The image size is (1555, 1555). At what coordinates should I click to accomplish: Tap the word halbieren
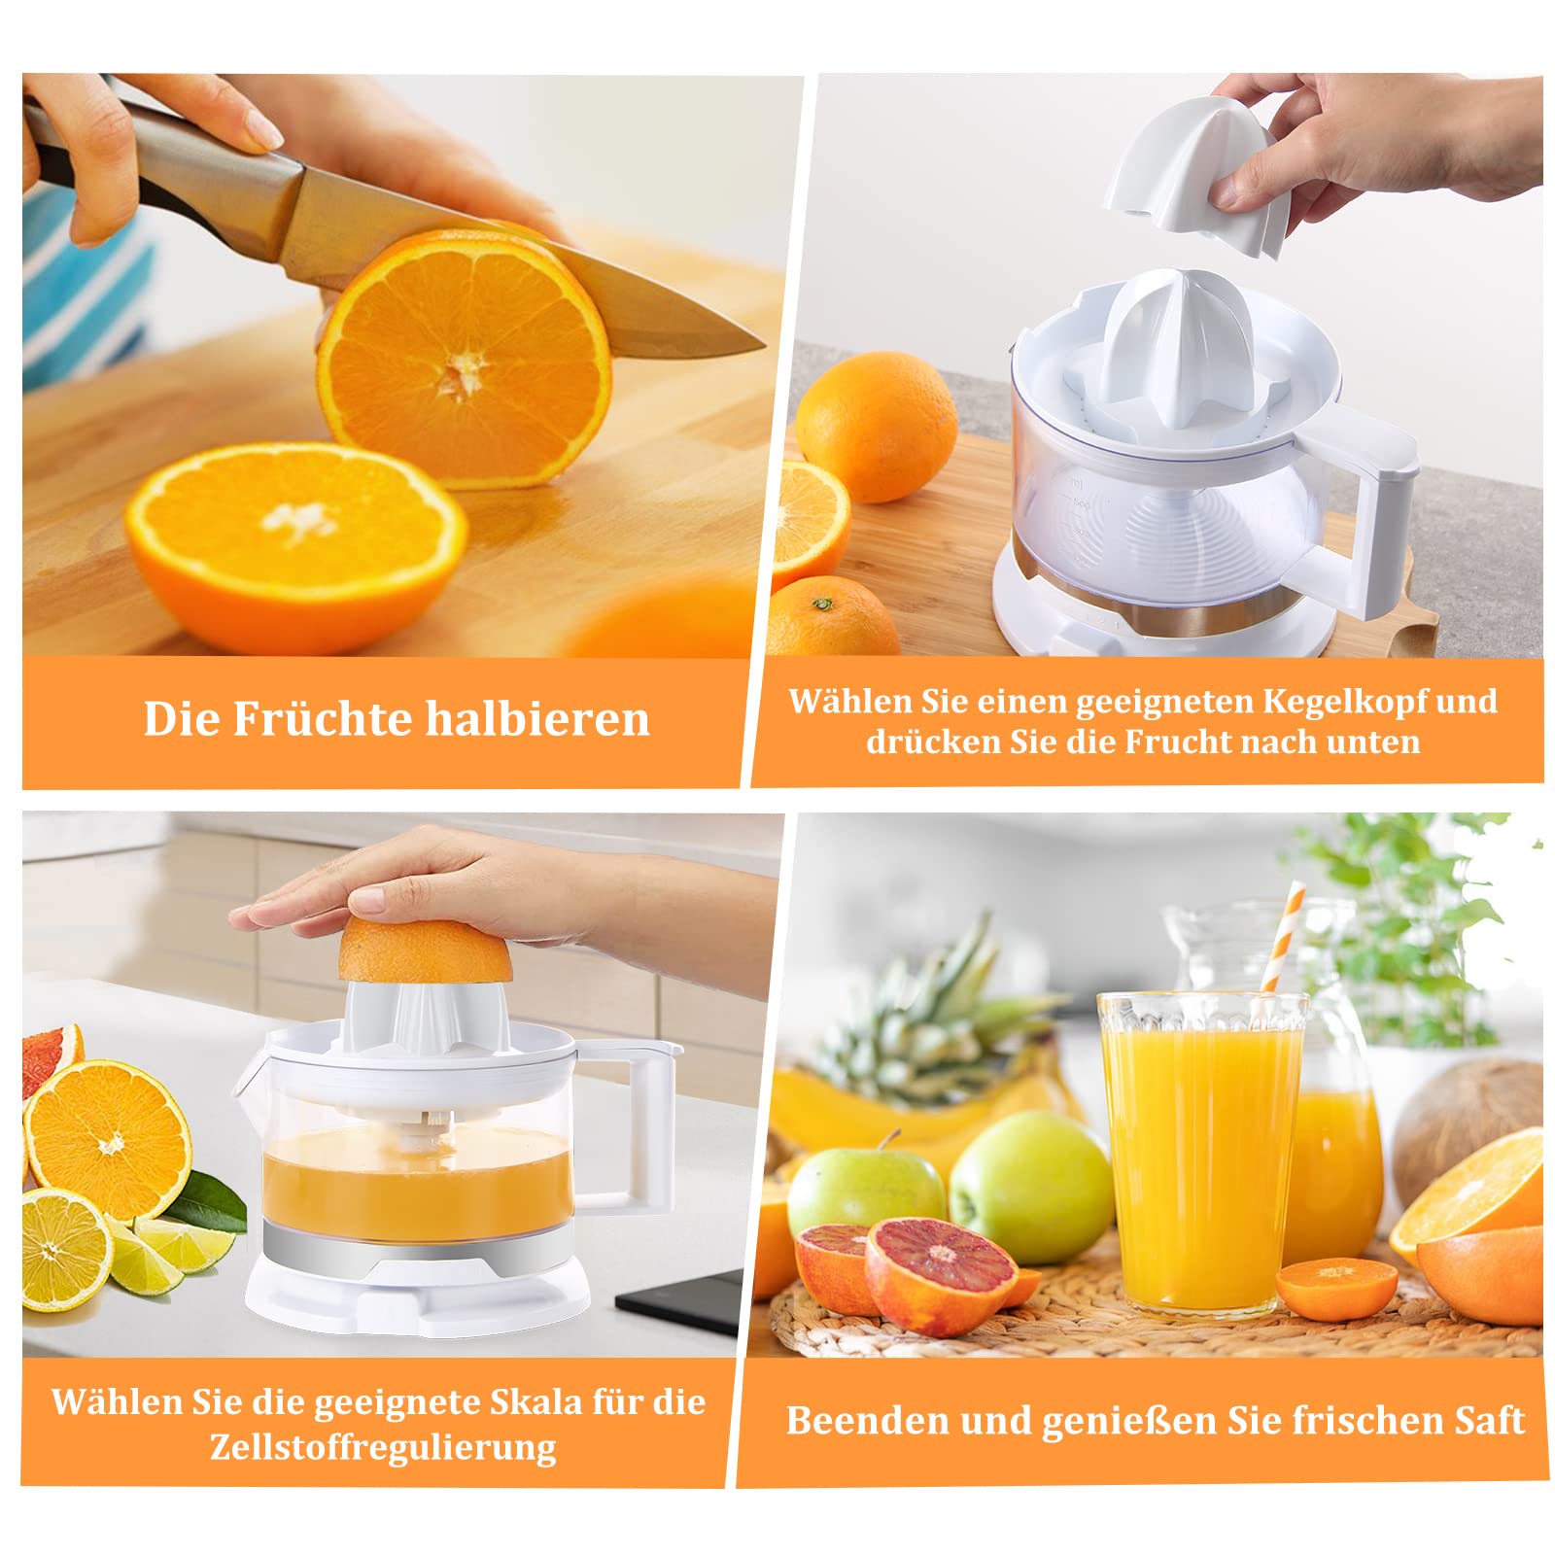pos(537,720)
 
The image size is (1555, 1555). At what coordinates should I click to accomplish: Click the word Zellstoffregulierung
pos(383,1446)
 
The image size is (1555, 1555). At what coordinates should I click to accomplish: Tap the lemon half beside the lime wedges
pos(66,1250)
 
